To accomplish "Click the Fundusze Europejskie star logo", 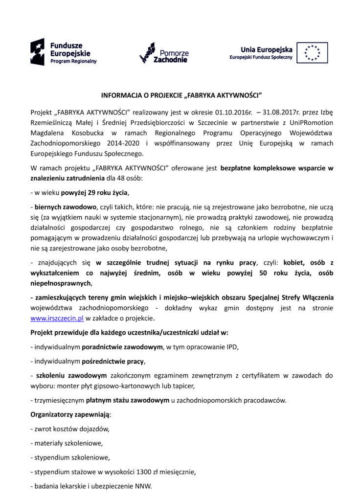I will click(x=37, y=52).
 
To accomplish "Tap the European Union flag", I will click(x=312, y=53).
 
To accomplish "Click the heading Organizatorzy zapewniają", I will click(x=70, y=414).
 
